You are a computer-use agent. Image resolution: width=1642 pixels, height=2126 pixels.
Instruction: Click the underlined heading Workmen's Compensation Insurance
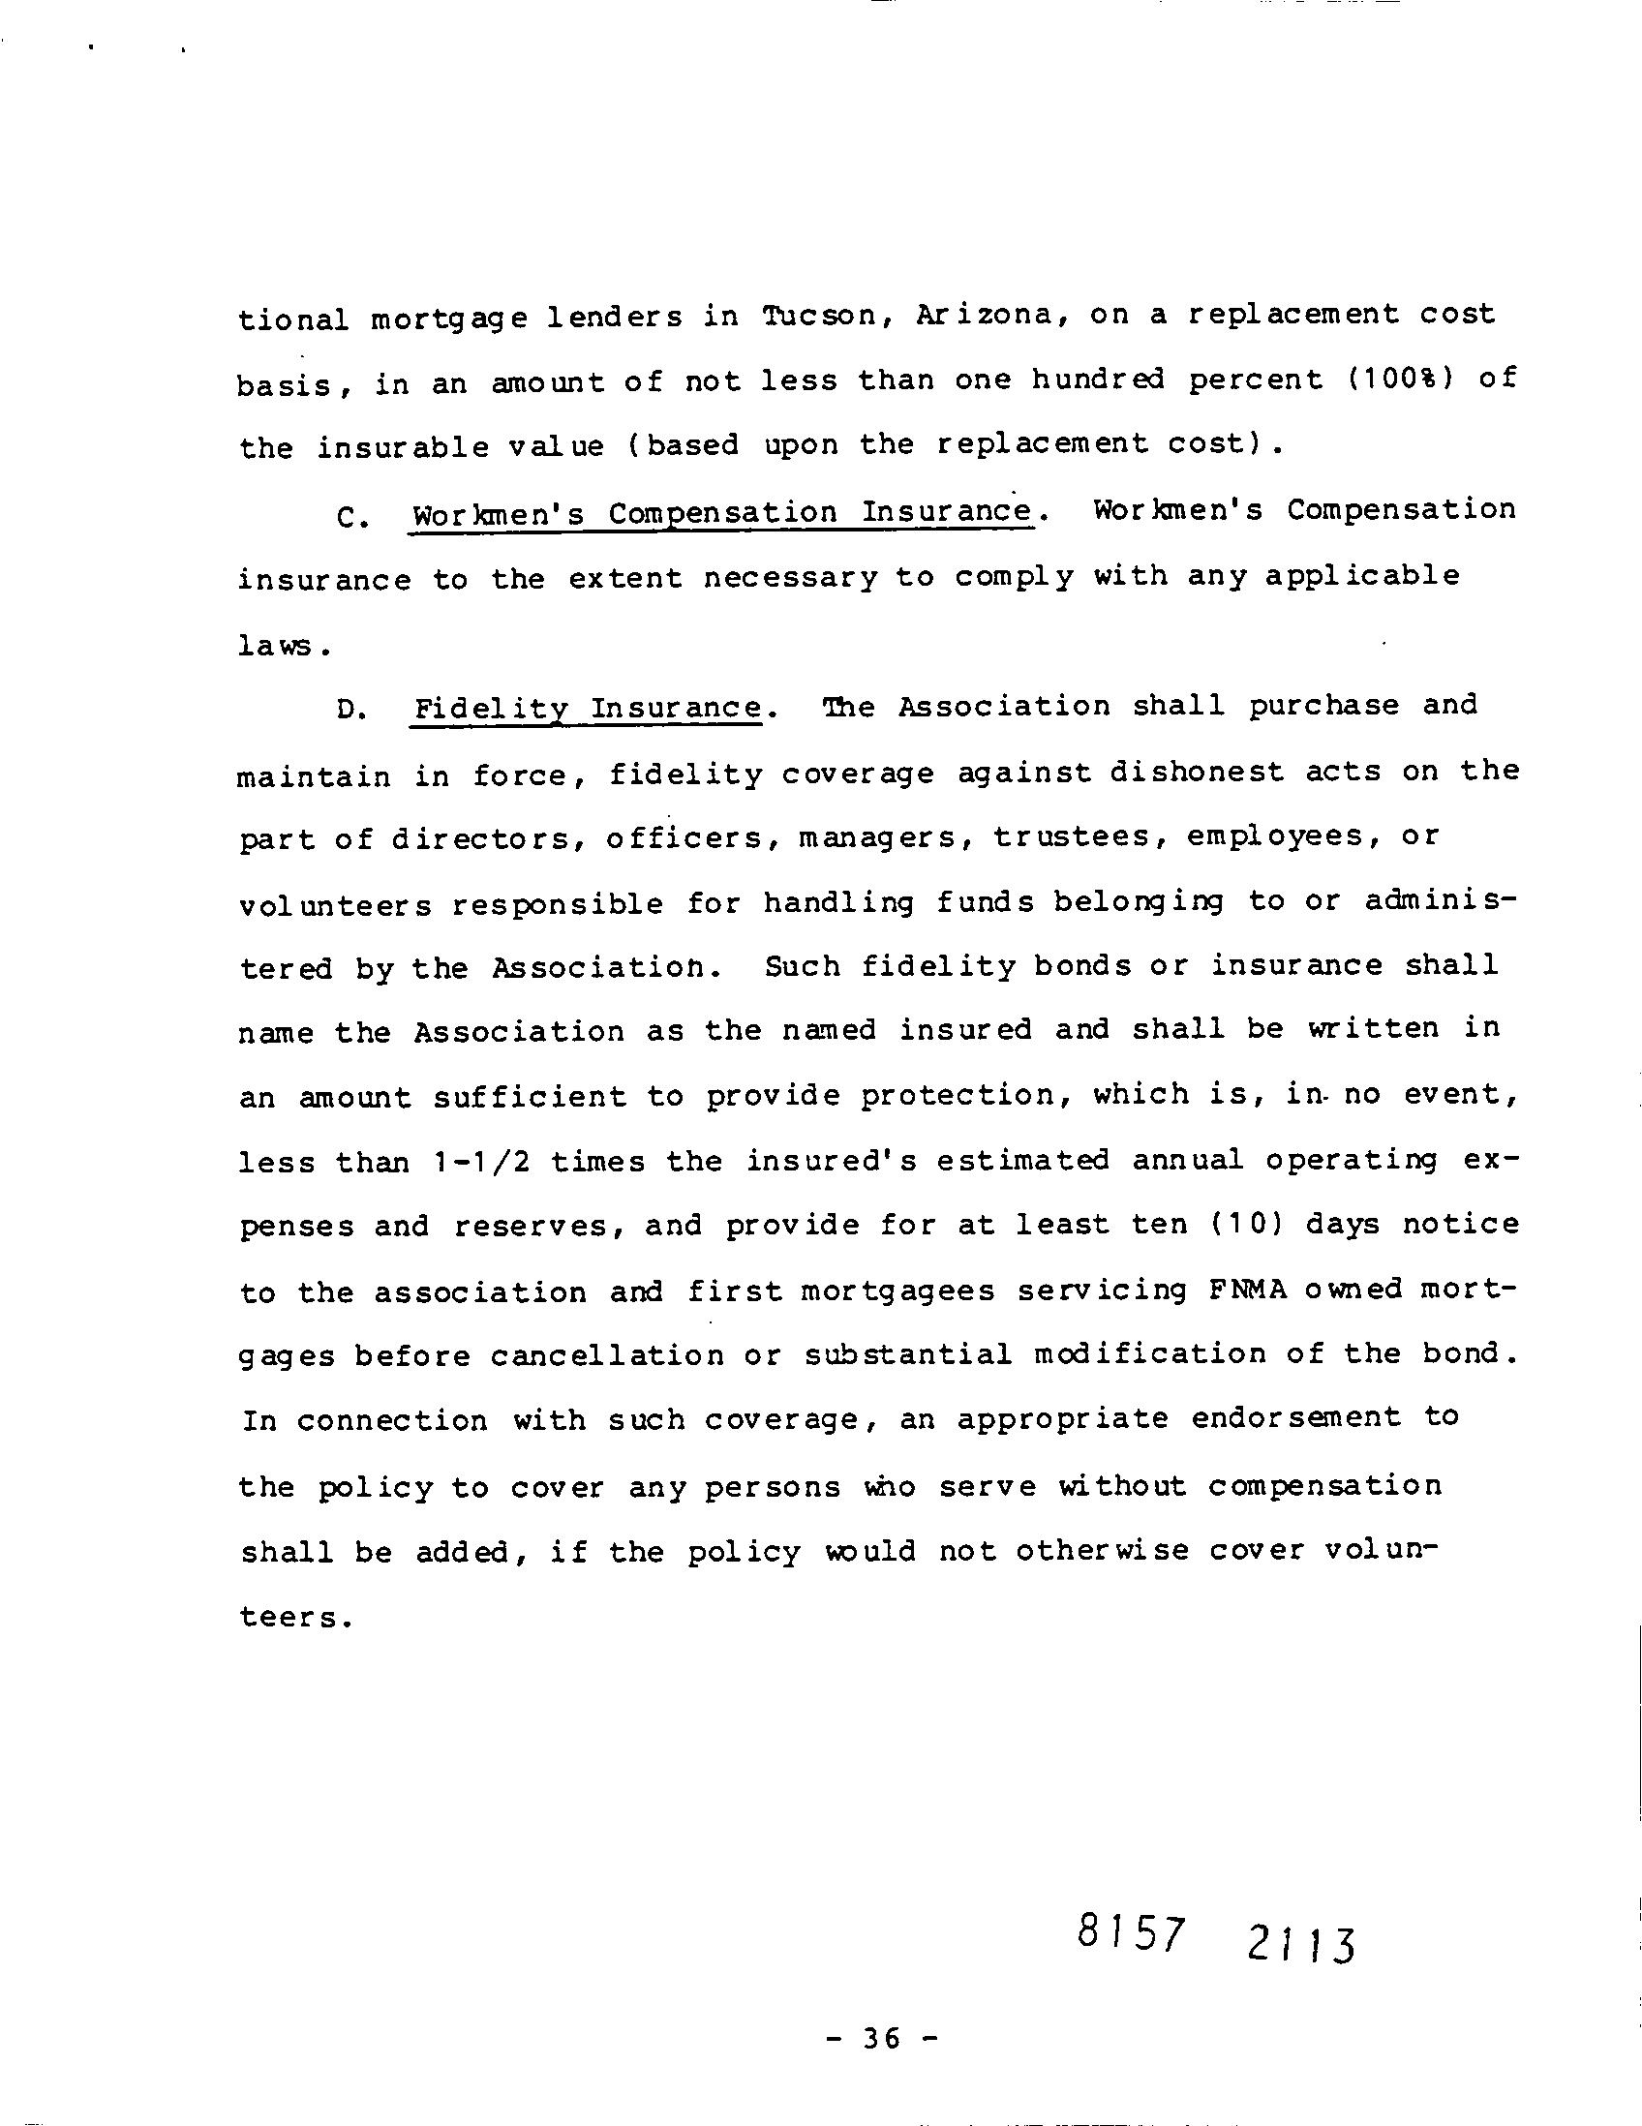(x=721, y=513)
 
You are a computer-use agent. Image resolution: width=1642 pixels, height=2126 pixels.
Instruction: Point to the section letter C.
(x=350, y=517)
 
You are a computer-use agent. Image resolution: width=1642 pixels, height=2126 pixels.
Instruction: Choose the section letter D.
(x=350, y=710)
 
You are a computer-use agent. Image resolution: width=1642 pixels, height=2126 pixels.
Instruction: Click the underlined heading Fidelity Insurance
(x=587, y=708)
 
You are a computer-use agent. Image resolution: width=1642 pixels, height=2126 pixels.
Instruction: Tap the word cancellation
(x=607, y=1357)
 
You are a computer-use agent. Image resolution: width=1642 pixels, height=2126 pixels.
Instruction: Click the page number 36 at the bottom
(x=881, y=2039)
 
